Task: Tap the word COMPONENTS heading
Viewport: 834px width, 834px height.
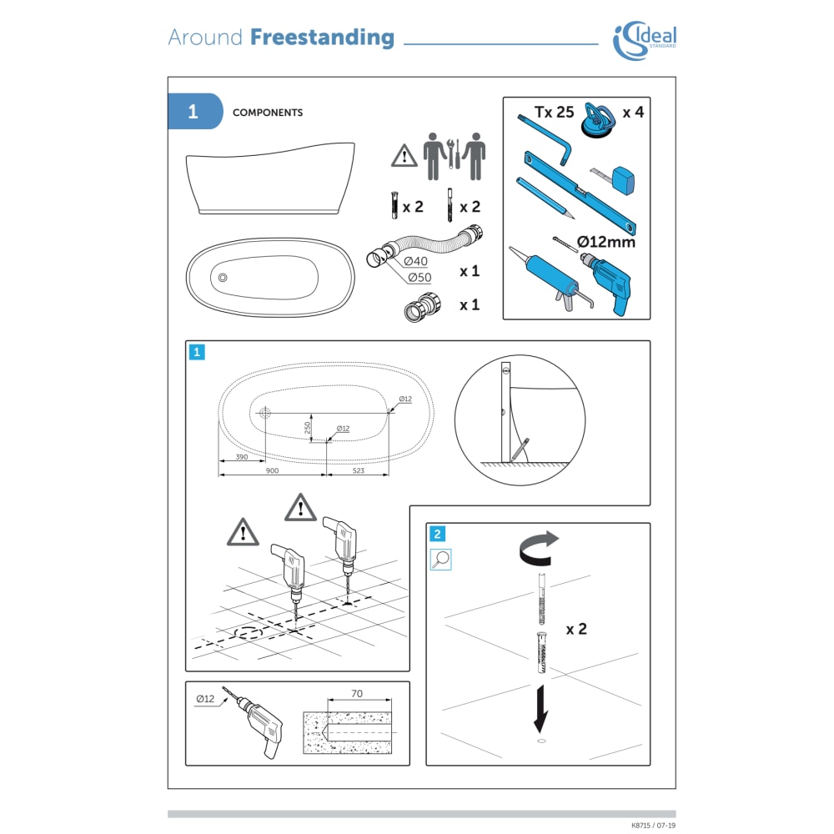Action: point(268,113)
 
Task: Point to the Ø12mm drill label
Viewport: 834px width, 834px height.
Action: point(605,242)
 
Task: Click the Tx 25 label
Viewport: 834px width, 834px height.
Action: point(555,113)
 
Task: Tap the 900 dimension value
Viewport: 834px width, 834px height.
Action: point(272,470)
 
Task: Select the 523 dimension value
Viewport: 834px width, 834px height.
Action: point(359,470)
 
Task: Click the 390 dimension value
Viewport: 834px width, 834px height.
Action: point(242,457)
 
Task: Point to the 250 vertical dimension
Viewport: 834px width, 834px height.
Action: point(308,428)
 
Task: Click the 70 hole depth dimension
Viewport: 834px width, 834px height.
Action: point(357,694)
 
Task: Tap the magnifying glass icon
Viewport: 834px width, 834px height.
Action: point(440,560)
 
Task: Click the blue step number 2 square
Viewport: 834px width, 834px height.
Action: point(437,534)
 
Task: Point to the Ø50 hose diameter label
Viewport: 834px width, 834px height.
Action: point(420,277)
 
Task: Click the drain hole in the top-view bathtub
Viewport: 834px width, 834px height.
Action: point(223,278)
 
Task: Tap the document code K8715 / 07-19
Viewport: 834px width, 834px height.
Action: point(653,826)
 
